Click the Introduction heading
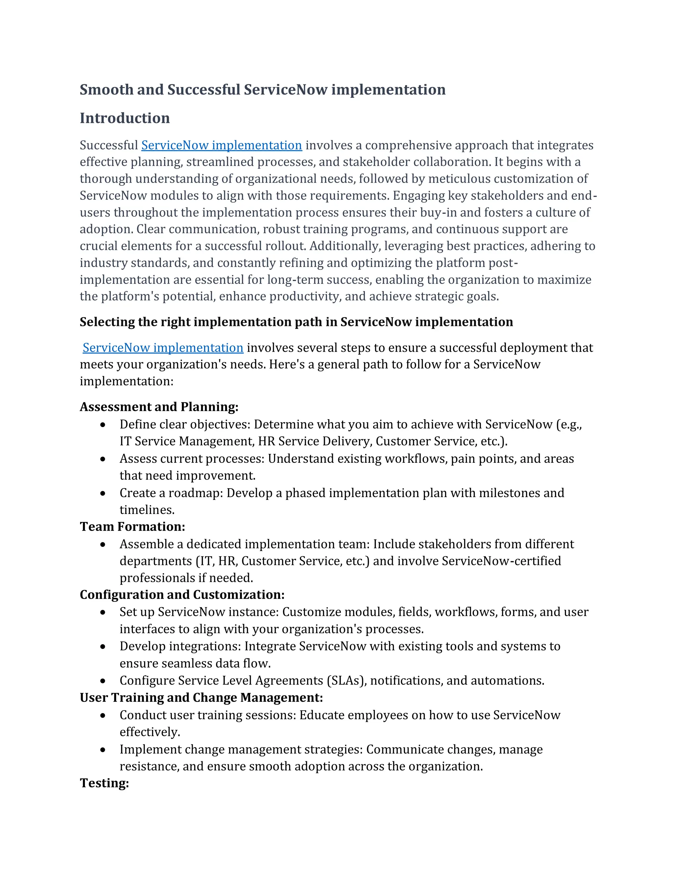(125, 118)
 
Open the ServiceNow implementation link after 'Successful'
(221, 145)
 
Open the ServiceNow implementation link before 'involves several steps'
(163, 348)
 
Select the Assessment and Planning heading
(159, 407)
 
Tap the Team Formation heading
(132, 527)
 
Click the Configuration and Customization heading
(182, 594)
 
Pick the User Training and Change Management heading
(201, 697)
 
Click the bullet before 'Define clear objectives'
(103, 425)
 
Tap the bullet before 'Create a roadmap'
(103, 493)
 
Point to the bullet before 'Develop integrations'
(103, 647)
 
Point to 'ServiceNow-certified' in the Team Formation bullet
(501, 561)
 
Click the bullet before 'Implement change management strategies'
(103, 750)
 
